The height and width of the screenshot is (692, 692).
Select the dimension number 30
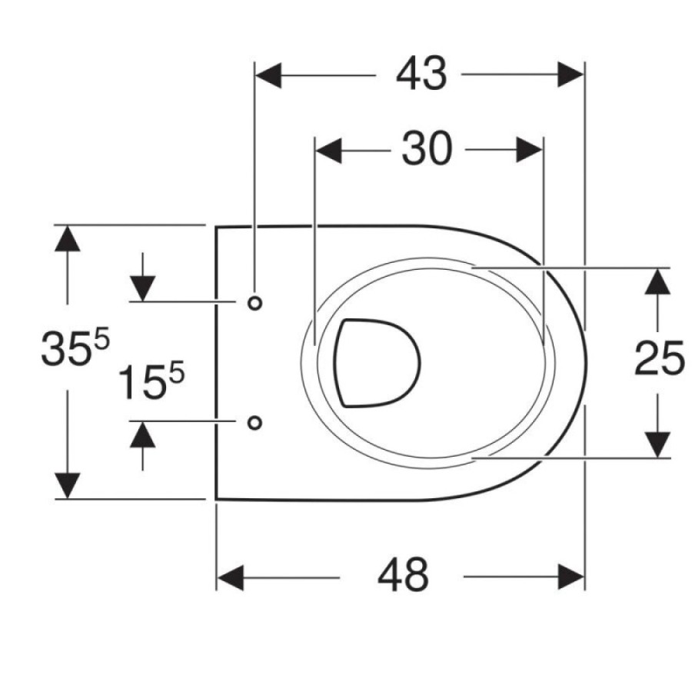tap(427, 149)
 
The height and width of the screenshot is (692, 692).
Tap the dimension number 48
tap(403, 577)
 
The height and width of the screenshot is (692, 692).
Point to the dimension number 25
tap(660, 359)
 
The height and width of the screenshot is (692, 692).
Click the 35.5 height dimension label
tap(75, 348)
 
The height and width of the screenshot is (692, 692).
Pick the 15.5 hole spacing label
tap(151, 381)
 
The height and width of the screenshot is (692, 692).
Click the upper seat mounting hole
tap(255, 303)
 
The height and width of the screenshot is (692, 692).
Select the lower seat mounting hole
tap(255, 423)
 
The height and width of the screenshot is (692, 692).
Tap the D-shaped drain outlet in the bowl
tap(376, 363)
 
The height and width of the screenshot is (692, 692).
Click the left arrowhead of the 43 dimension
tap(268, 75)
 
